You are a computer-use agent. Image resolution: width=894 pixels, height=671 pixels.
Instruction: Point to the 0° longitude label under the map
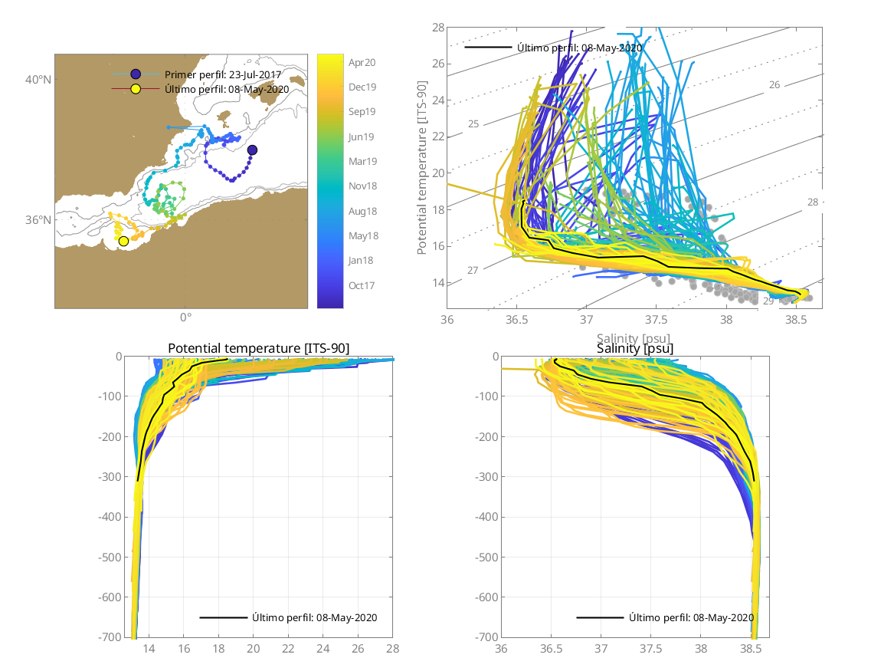click(185, 317)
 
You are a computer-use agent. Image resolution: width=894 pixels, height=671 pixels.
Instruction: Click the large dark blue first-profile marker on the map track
click(252, 150)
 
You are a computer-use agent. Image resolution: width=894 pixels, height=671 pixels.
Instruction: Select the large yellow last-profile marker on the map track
click(123, 242)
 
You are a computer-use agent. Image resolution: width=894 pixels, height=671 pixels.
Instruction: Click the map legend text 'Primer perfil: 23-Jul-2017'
click(223, 74)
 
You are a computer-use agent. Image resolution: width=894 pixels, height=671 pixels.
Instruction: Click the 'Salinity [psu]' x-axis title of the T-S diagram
click(634, 337)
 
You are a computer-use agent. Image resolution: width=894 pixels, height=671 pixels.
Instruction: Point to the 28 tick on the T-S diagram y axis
click(439, 28)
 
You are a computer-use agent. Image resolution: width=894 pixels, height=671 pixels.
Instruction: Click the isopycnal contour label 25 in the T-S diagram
click(473, 123)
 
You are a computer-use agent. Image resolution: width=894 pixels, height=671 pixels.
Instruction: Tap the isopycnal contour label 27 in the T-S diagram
click(473, 271)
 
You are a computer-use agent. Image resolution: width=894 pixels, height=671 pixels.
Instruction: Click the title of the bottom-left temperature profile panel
click(258, 349)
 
